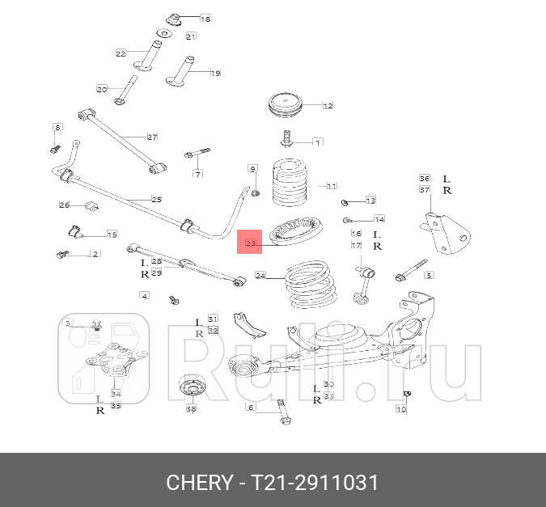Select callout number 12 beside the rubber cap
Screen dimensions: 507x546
pyautogui.click(x=328, y=106)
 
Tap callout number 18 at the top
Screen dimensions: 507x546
pyautogui.click(x=204, y=19)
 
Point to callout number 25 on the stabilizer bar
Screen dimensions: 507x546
pyautogui.click(x=157, y=199)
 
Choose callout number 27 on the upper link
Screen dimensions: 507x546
pyautogui.click(x=151, y=137)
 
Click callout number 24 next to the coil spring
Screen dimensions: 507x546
pyautogui.click(x=260, y=276)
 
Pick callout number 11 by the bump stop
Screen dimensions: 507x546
pyautogui.click(x=331, y=185)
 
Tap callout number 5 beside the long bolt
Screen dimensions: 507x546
pyautogui.click(x=429, y=275)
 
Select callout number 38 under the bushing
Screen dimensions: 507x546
pyautogui.click(x=191, y=409)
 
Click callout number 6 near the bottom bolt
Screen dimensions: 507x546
pyautogui.click(x=251, y=407)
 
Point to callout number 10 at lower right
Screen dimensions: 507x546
pyautogui.click(x=400, y=409)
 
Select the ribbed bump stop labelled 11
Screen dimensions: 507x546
pyautogui.click(x=289, y=186)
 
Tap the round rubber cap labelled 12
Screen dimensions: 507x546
pyautogui.click(x=289, y=106)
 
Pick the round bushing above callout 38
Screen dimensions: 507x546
pyautogui.click(x=193, y=388)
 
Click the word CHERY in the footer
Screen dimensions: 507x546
pyautogui.click(x=199, y=483)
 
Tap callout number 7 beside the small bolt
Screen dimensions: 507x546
pyautogui.click(x=197, y=173)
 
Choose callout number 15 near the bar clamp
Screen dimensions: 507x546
pyautogui.click(x=112, y=234)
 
